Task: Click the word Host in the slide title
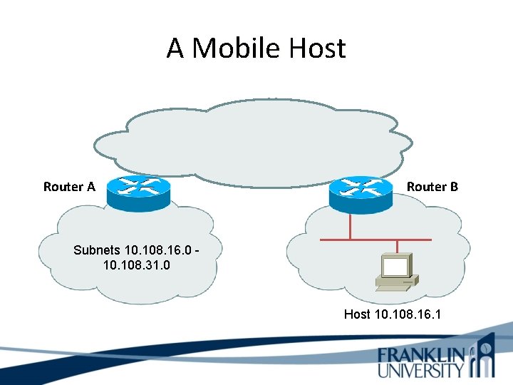coord(318,48)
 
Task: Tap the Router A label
coord(69,187)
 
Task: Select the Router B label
coord(432,187)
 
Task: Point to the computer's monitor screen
coord(396,267)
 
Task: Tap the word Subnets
coord(97,250)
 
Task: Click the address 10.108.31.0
coord(131,265)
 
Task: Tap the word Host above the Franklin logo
coord(357,314)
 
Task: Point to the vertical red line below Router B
coord(351,225)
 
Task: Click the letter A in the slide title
coord(175,48)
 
